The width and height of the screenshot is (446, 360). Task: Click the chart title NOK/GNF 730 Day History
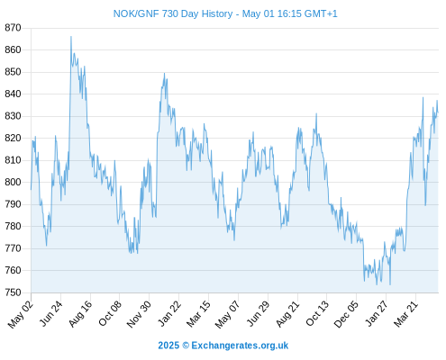pos(173,13)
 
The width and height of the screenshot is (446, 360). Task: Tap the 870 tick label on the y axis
pos(13,28)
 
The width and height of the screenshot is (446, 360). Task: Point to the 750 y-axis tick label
pos(13,292)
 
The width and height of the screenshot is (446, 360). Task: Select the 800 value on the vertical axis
pos(13,182)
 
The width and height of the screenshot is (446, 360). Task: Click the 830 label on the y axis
pos(13,116)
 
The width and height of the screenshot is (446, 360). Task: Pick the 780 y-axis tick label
pos(13,226)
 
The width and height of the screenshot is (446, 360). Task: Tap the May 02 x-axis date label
pos(20,314)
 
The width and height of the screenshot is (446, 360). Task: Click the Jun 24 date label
pos(51,313)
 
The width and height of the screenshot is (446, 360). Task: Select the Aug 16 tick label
pos(80,313)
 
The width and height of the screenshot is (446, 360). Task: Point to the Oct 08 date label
pos(110,313)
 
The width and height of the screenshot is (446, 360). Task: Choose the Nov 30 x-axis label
pos(139,314)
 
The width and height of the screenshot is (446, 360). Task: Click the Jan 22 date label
pos(169,313)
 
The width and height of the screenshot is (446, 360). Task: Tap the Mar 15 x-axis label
pos(198,313)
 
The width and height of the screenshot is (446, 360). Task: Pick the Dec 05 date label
pos(346,314)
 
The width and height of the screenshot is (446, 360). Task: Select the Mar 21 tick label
pos(405,313)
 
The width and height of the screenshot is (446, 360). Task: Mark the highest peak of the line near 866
pos(71,37)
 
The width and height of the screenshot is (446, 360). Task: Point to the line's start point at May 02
pos(31,190)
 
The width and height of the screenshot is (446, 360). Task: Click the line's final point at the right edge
pos(438,112)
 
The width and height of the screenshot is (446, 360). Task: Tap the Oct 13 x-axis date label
pos(317,313)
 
